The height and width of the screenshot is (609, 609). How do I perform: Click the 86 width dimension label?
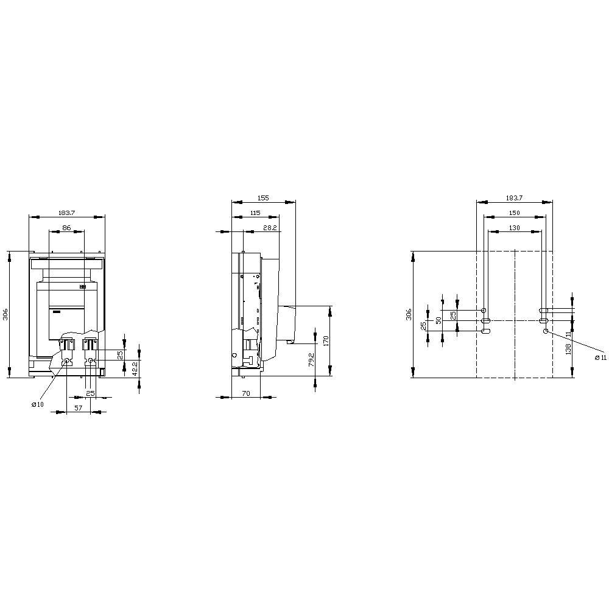coord(66,227)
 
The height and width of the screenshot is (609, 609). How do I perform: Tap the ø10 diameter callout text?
coord(37,405)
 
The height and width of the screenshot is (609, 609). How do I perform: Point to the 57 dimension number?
coord(79,409)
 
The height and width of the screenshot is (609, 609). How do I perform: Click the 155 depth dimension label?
coord(263,198)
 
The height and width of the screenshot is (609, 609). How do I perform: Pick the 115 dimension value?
coord(255,213)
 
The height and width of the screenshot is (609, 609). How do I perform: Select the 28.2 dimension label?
coord(270,227)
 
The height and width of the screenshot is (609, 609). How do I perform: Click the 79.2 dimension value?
coord(311,359)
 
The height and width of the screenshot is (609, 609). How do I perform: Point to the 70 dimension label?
coord(246,393)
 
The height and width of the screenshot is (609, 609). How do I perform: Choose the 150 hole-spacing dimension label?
coord(514,213)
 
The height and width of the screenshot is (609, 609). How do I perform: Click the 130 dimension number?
coord(514,227)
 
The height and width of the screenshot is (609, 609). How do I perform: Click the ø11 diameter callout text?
coord(600,357)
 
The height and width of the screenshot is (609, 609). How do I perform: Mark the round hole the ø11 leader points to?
coord(546,331)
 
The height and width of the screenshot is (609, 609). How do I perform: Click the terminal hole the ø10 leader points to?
coord(68,361)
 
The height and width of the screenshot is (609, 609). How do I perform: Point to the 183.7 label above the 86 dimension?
coord(66,213)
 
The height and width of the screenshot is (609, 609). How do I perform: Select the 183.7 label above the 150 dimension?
coord(514,198)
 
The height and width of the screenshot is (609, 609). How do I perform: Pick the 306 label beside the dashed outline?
coord(409,314)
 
